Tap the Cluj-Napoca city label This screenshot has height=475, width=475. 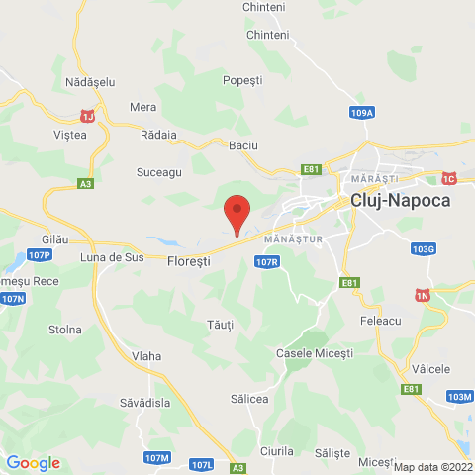point(400,200)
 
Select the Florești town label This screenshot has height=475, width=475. point(190,261)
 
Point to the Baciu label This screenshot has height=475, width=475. point(242,145)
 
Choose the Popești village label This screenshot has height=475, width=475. point(242,79)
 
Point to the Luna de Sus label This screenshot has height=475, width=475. point(112,257)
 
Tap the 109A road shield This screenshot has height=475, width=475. point(362,113)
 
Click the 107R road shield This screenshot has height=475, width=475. point(266,262)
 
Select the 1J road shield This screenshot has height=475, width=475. point(88,116)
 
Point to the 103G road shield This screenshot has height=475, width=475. point(424,248)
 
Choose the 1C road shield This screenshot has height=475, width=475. point(448,178)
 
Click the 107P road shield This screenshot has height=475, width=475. point(40,255)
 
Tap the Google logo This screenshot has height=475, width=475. point(33,463)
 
